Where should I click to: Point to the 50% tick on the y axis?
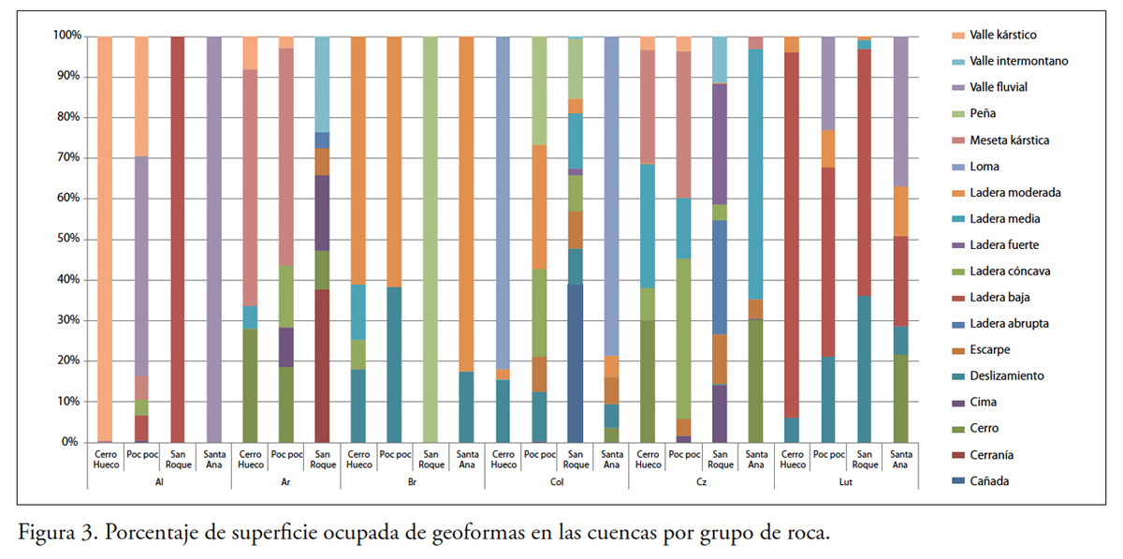[x=67, y=239]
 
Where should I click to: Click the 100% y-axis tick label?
[x=66, y=36]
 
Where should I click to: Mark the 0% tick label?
[x=71, y=442]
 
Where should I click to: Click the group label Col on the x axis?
[x=557, y=481]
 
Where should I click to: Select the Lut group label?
[x=846, y=481]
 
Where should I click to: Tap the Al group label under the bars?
[x=159, y=481]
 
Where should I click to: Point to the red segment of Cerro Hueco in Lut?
[x=792, y=234]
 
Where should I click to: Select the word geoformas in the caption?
[x=483, y=534]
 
